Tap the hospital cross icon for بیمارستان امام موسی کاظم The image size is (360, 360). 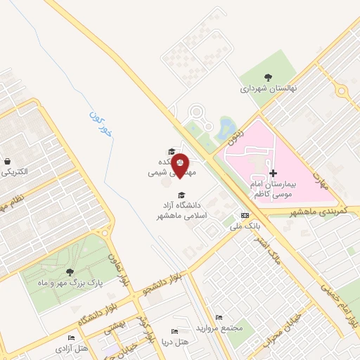tap(273, 172)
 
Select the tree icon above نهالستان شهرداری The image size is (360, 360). tap(267, 77)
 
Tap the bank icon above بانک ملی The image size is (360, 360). tap(245, 215)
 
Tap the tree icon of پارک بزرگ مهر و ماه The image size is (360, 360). tap(68, 271)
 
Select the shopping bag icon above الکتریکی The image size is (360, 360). tap(6, 161)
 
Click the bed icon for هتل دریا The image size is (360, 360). tap(174, 331)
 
